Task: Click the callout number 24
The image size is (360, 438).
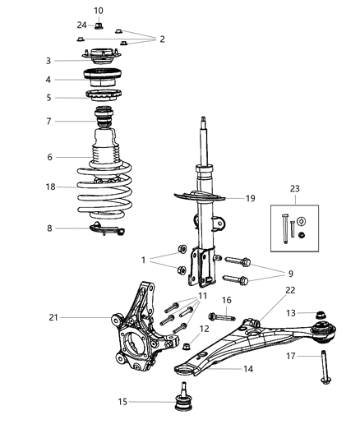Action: tap(81, 24)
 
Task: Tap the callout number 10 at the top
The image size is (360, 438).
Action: tap(99, 11)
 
